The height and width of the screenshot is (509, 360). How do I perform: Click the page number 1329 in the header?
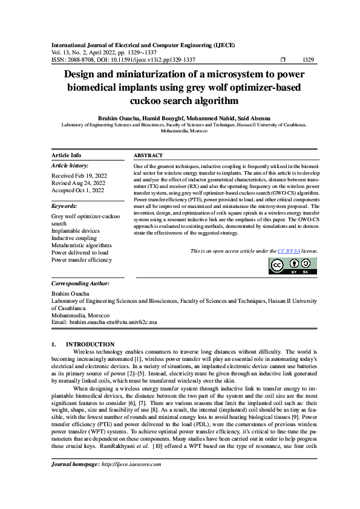[x=307, y=60]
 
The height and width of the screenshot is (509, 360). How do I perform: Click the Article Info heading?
[x=66, y=155]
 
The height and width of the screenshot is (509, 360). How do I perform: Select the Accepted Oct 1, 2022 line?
[x=78, y=190]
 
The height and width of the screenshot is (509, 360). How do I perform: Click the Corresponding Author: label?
[x=80, y=283]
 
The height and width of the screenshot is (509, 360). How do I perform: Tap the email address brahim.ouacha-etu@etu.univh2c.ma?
[x=113, y=323]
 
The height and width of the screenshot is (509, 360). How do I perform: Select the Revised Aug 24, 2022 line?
[x=79, y=183]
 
